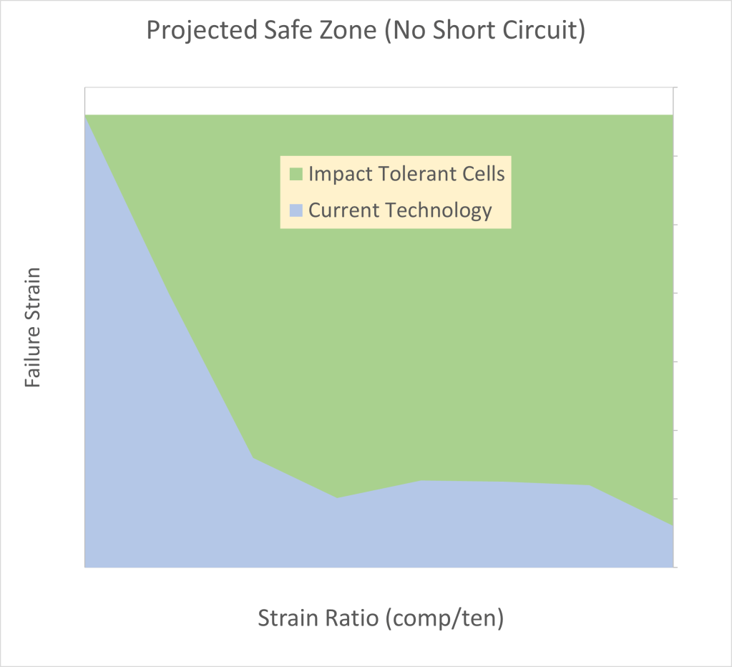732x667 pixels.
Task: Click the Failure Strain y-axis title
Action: coord(32,328)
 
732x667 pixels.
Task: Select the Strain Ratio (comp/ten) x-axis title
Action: coord(381,617)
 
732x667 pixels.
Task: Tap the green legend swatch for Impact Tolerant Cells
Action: coord(296,174)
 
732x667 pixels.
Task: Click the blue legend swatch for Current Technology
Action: coord(296,210)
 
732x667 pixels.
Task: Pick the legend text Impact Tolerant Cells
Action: coord(406,174)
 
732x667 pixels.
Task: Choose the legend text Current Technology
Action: coord(400,210)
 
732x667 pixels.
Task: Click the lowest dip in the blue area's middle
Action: coord(337,498)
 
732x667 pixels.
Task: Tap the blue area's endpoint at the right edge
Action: coord(673,525)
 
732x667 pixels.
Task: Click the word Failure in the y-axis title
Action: coord(32,360)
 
